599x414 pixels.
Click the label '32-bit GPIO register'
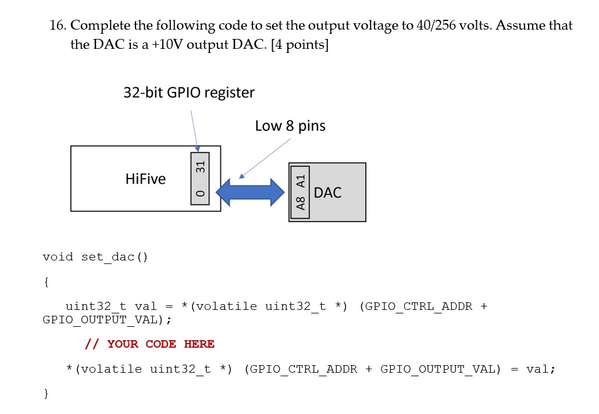[x=188, y=92]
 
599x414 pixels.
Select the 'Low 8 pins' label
[x=290, y=126]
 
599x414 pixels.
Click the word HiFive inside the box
[x=145, y=179]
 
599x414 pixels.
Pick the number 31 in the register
[x=200, y=166]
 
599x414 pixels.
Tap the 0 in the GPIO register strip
[x=200, y=194]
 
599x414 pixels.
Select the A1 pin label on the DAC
[x=300, y=180]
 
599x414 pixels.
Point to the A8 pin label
[x=300, y=204]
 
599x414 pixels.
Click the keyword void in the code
[x=58, y=257]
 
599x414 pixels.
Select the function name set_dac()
[x=115, y=257]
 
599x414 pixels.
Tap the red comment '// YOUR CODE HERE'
[x=150, y=344]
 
